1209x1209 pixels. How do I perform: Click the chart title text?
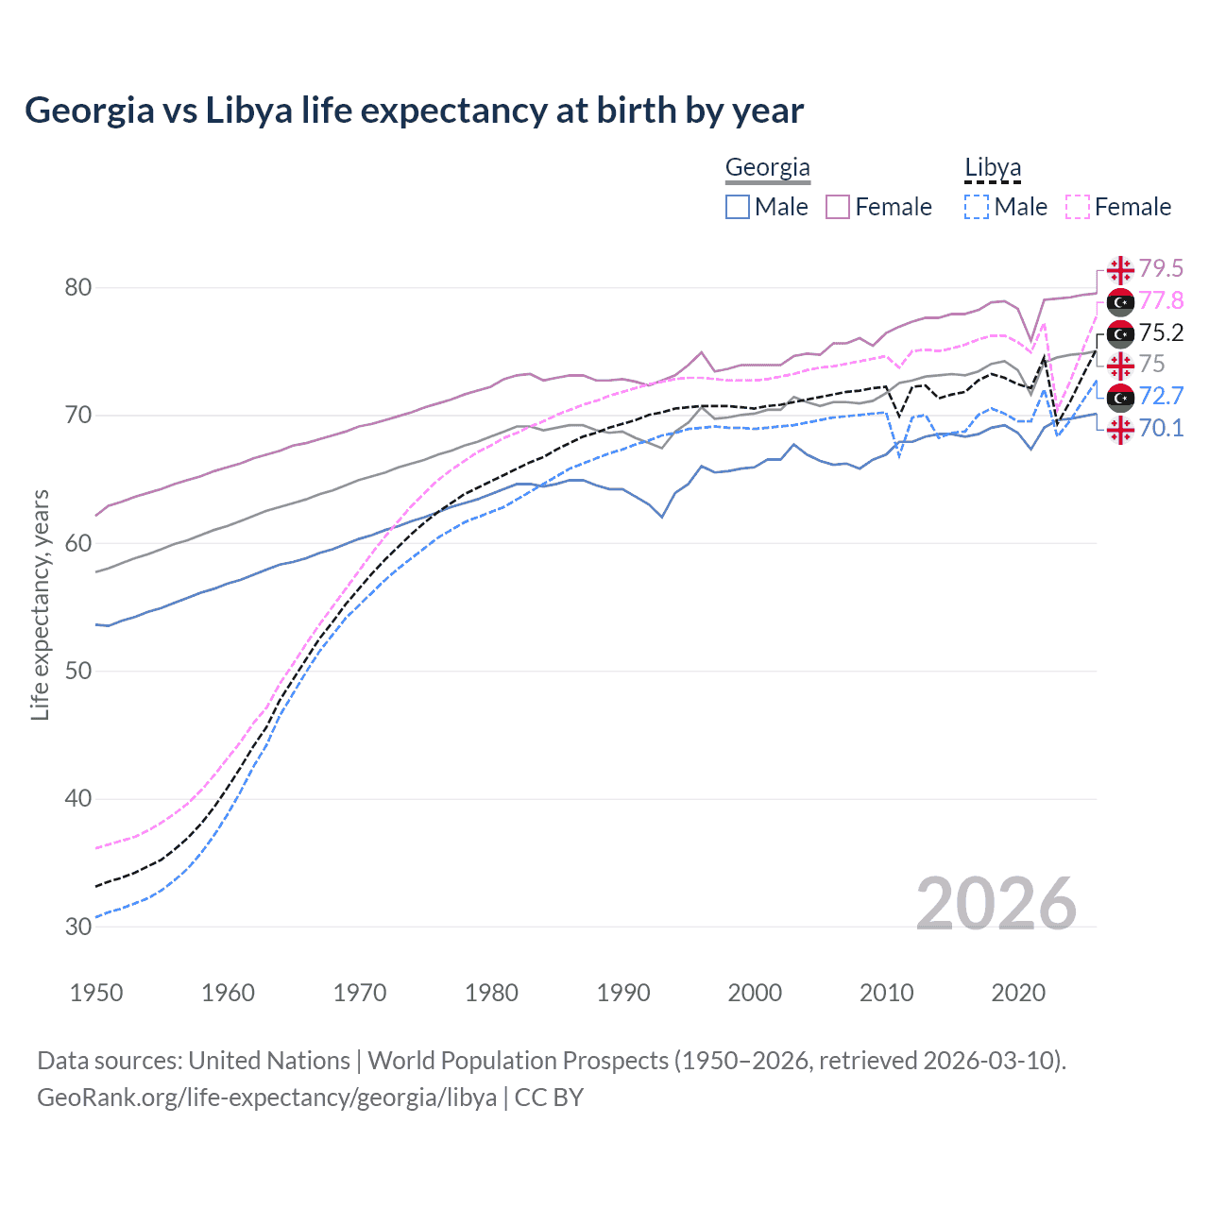click(x=414, y=111)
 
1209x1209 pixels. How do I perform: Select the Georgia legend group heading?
click(x=767, y=168)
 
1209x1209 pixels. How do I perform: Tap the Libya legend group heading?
click(x=993, y=168)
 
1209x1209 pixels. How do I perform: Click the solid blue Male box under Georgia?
click(x=738, y=207)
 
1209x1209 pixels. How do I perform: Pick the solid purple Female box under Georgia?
click(x=838, y=207)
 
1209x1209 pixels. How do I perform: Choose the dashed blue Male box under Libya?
click(x=977, y=207)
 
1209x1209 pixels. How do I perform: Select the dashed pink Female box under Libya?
click(x=1078, y=207)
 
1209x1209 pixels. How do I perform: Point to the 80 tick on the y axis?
click(x=78, y=287)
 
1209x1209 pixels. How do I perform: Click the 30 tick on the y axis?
click(x=78, y=927)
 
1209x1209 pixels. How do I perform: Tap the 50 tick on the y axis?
click(x=78, y=671)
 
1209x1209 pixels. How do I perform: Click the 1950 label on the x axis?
click(x=96, y=993)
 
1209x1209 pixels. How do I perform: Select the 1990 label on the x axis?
click(x=623, y=993)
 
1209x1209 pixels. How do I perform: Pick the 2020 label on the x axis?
click(x=1018, y=993)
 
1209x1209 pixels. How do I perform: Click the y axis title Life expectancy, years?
click(x=41, y=604)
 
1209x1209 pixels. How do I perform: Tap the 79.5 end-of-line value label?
click(x=1161, y=269)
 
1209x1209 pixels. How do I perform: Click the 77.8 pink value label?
click(x=1161, y=301)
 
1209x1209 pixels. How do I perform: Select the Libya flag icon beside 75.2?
click(x=1120, y=333)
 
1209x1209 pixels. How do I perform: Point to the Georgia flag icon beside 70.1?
click(x=1120, y=430)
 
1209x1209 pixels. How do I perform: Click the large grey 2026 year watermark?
click(x=996, y=904)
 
